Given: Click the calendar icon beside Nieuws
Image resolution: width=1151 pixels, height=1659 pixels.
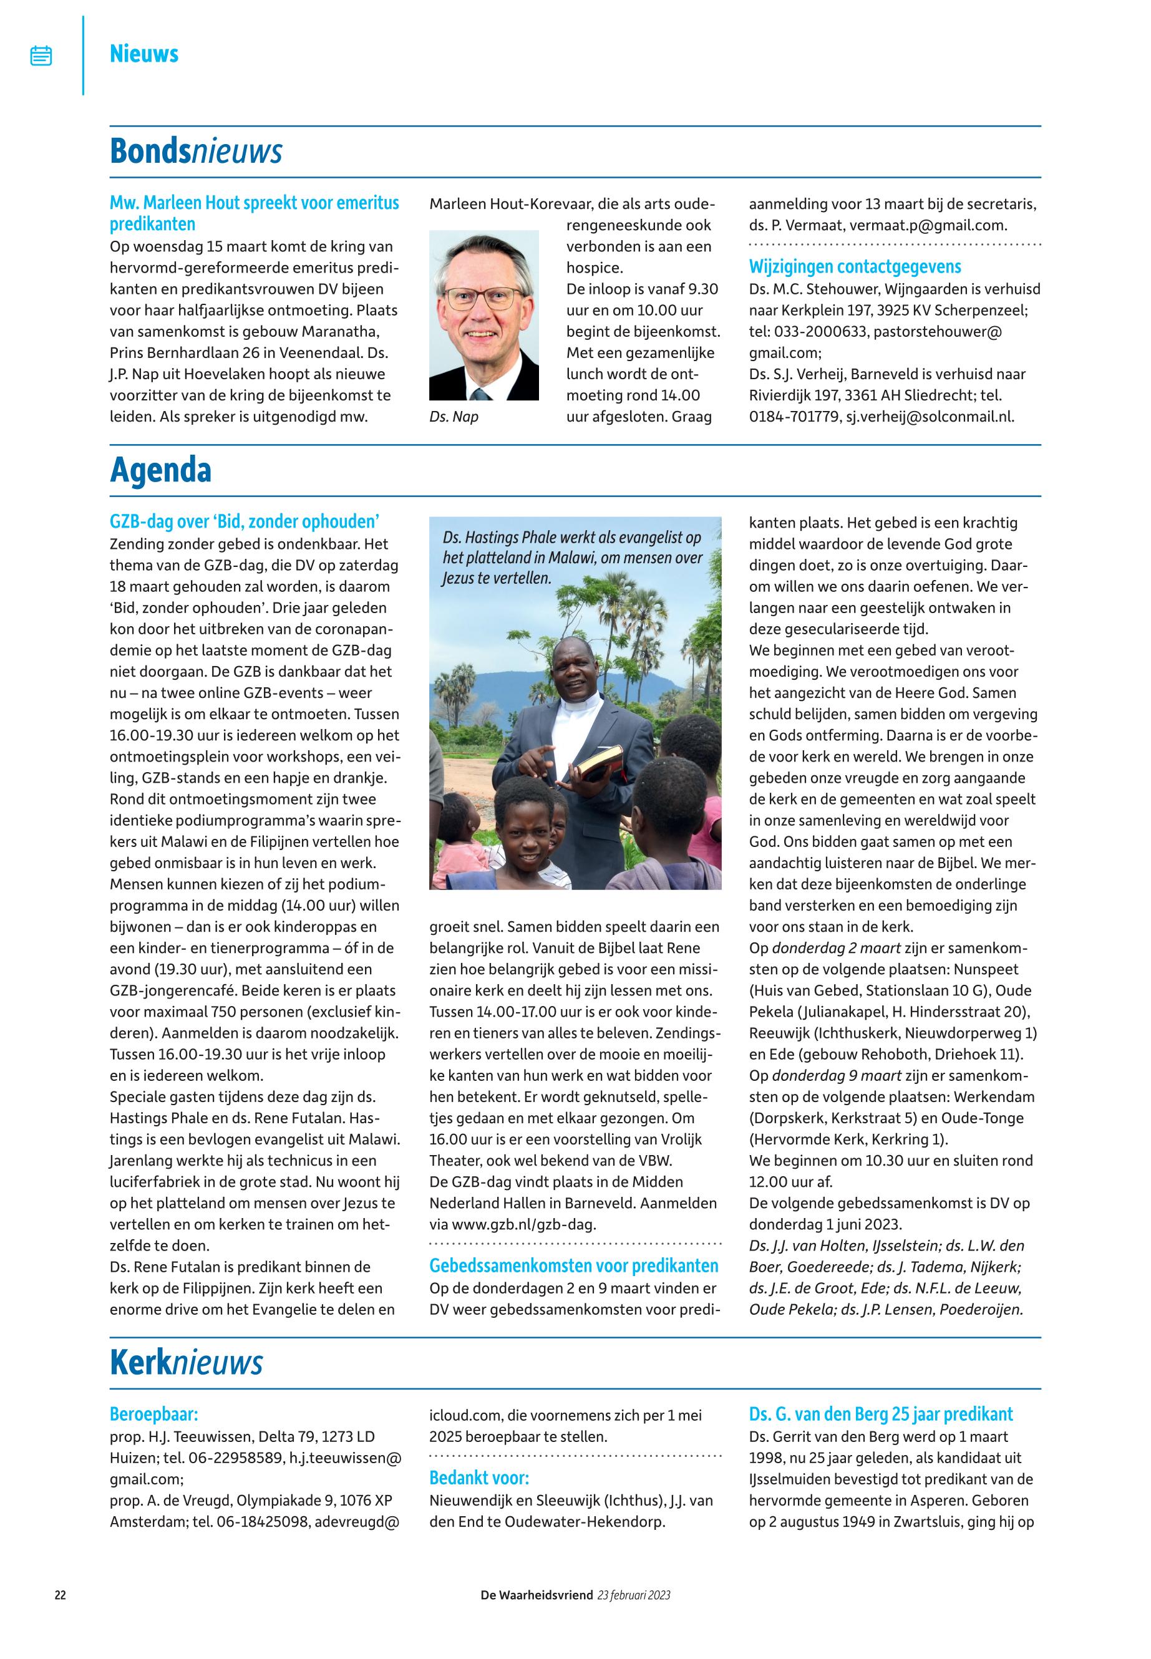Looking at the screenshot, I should coord(41,56).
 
